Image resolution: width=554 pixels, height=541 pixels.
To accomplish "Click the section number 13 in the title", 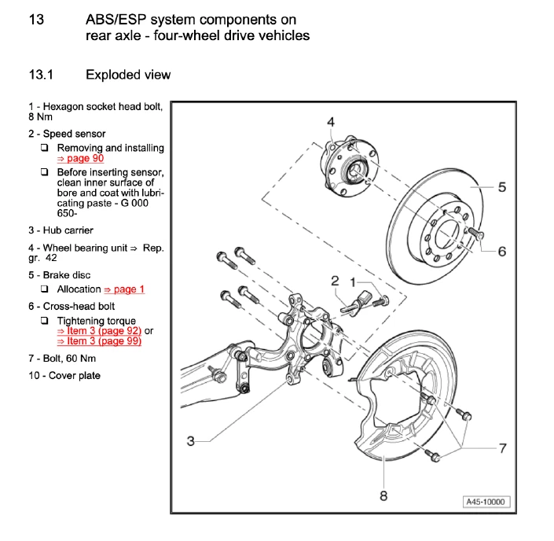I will pos(37,19).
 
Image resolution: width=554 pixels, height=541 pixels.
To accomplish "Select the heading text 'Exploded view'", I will pos(128,75).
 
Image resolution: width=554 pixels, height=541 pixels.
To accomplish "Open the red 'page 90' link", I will pos(80,158).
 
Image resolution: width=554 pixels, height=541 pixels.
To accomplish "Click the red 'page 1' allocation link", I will pos(124,289).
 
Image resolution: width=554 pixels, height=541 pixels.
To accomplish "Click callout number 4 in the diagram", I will pos(331,121).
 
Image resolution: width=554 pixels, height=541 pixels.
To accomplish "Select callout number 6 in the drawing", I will pos(502,252).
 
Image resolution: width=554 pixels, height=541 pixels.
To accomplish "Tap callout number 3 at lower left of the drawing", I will pos(190,441).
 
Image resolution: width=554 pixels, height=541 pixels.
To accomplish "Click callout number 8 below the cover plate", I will pos(383,495).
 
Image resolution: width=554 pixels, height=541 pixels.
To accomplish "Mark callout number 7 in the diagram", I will pos(502,447).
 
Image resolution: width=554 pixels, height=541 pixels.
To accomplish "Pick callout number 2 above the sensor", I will pos(335,281).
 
